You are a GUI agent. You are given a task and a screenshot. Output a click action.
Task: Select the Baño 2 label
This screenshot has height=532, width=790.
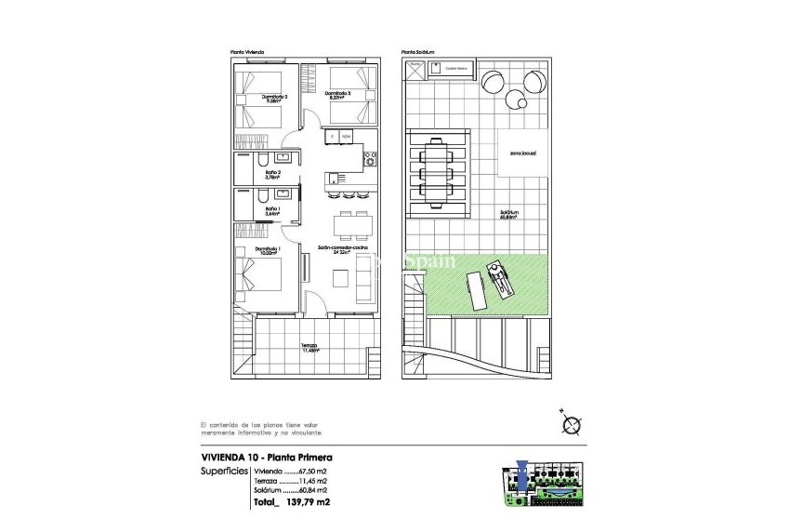272,172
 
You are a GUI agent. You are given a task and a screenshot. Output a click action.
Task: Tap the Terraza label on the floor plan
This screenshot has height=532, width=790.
309,349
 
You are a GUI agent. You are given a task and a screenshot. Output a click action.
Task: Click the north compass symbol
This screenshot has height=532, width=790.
570,425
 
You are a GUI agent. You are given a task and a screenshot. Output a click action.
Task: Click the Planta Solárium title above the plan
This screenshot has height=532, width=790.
418,52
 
